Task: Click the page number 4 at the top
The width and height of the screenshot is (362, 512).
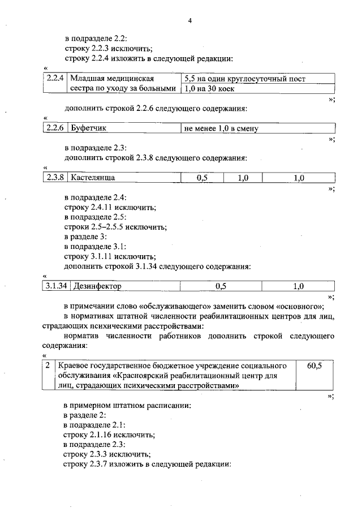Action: [190, 21]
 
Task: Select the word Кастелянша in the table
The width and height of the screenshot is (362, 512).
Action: [93, 178]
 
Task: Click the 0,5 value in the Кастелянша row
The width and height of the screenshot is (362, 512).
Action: [202, 178]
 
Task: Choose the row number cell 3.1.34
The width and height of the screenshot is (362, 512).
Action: [56, 286]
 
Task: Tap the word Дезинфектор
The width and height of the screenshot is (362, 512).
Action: [96, 286]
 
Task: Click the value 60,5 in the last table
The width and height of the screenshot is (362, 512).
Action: [314, 366]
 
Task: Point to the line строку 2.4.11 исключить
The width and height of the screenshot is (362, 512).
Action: [110, 208]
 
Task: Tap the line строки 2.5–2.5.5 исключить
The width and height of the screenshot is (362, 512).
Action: [115, 227]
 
